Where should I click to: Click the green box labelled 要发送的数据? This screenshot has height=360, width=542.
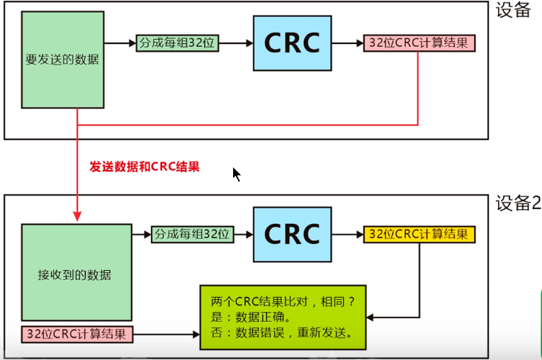tap(62, 59)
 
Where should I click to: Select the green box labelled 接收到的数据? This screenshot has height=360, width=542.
tap(76, 272)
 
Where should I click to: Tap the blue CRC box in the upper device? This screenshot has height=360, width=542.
tap(292, 43)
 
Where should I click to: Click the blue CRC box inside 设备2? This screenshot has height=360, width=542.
tap(292, 233)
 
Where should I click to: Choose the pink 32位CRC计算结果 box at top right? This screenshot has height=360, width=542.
tap(419, 43)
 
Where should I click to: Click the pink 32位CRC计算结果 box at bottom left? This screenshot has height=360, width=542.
tap(77, 333)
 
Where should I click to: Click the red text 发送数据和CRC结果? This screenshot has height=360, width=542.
tap(145, 167)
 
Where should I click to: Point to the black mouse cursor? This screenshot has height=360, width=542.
tap(236, 174)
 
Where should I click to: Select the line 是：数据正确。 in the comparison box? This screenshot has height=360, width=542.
tap(252, 317)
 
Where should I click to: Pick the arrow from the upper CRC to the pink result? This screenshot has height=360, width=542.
tap(346, 43)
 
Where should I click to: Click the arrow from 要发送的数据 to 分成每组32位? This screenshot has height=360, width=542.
tap(118, 43)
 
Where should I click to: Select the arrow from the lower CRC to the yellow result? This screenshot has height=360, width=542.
tap(346, 234)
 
